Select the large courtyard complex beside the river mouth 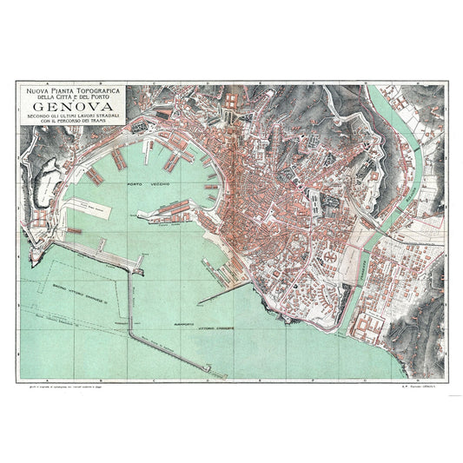(x=367, y=326)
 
